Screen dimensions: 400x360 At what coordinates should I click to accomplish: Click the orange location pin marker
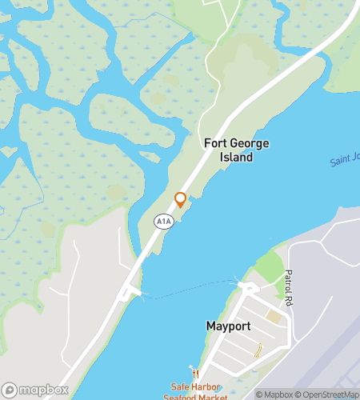[180, 199]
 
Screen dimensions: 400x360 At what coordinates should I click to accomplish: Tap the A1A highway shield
[164, 220]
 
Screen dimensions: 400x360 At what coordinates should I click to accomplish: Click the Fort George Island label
[237, 150]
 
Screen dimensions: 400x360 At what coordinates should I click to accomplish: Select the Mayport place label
[230, 326]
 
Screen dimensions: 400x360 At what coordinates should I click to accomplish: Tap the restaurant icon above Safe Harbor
[193, 373]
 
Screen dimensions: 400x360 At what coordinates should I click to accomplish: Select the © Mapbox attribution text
[274, 394]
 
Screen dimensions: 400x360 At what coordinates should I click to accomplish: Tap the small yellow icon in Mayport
[258, 350]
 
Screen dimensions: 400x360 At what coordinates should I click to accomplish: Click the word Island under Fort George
[237, 158]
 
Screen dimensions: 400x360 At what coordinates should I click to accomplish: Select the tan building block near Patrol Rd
[274, 318]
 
